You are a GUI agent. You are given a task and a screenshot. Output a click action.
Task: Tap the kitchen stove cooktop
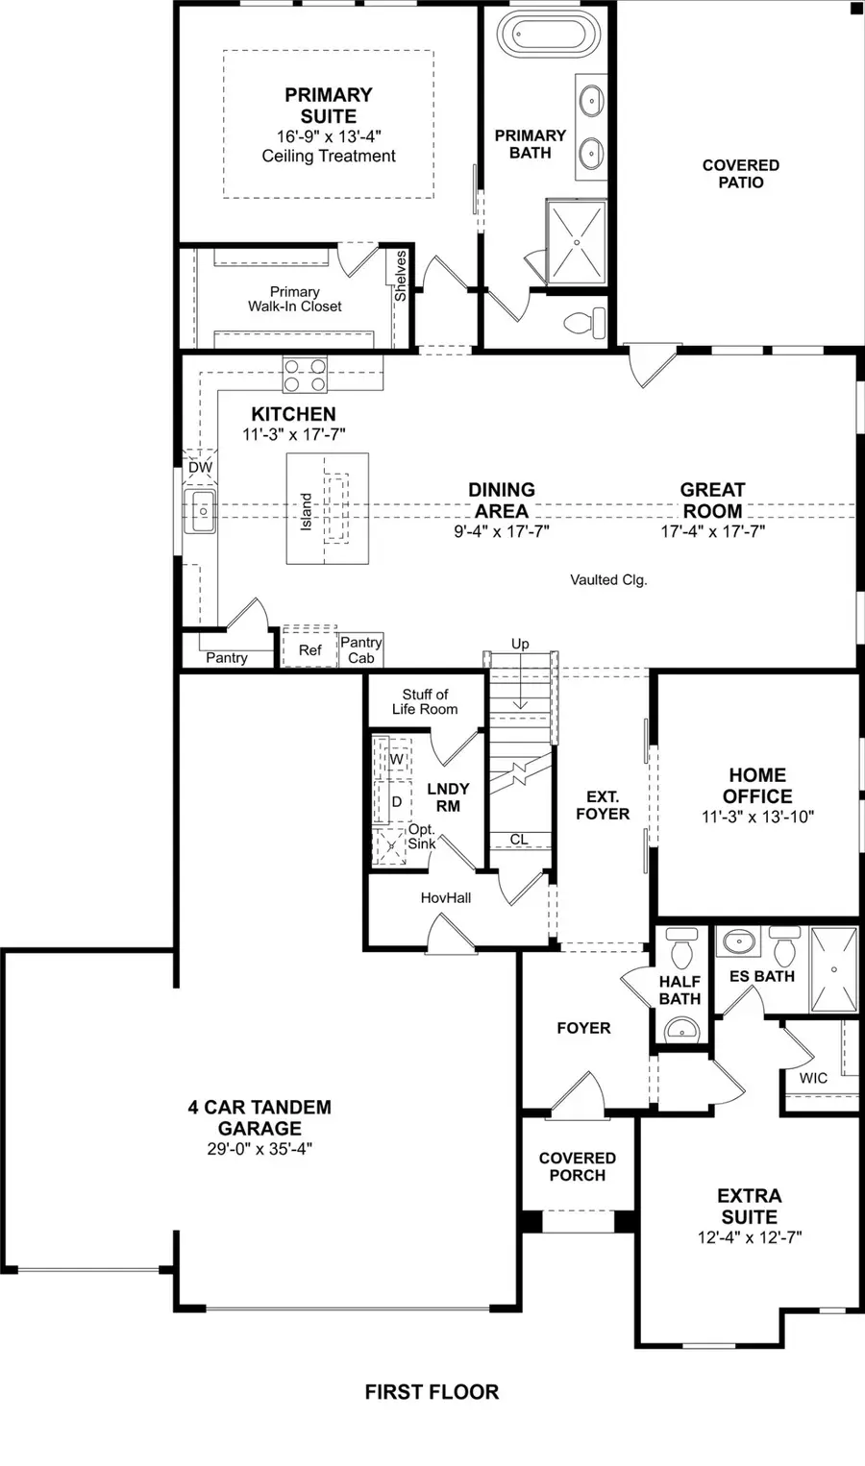(x=305, y=375)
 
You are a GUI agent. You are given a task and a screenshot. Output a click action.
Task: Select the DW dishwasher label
(x=200, y=468)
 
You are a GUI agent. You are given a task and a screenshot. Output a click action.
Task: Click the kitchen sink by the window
(x=202, y=511)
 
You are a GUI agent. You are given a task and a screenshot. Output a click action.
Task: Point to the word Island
(x=307, y=511)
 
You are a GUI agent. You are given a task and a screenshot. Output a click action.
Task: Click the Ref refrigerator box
(x=309, y=649)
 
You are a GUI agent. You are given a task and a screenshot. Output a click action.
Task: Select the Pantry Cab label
(x=361, y=649)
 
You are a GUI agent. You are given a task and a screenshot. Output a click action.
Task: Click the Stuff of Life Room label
(x=425, y=701)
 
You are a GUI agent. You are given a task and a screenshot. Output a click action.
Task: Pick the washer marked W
(x=396, y=759)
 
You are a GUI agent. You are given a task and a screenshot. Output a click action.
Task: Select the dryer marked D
(x=396, y=801)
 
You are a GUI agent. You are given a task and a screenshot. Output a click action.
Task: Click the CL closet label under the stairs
(x=519, y=839)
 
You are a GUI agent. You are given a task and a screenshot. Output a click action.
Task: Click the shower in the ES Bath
(x=833, y=969)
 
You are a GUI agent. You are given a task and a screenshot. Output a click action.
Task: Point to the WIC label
(x=813, y=1078)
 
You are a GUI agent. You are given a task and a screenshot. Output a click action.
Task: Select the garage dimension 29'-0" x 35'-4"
(x=259, y=1149)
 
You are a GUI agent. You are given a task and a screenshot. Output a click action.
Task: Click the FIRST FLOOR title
(x=432, y=1392)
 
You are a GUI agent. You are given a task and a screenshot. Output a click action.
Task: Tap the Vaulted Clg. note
(x=608, y=579)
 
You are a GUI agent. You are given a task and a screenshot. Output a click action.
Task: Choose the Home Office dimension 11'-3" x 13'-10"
(x=757, y=817)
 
